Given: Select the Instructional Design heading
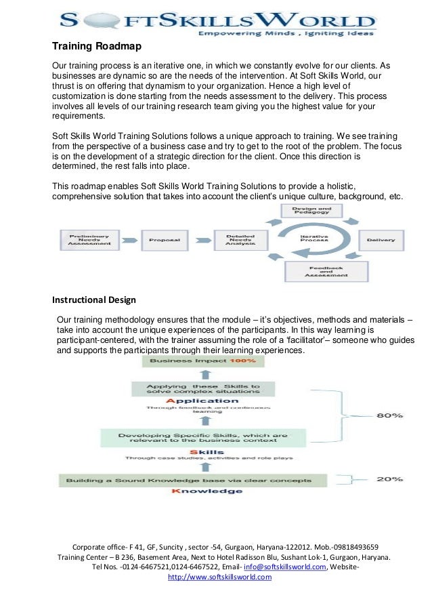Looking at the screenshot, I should pos(94,300).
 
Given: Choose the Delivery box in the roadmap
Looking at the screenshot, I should pos(381,240).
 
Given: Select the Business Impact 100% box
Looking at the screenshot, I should pos(202,362).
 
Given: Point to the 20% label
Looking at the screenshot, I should pos(389,478).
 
